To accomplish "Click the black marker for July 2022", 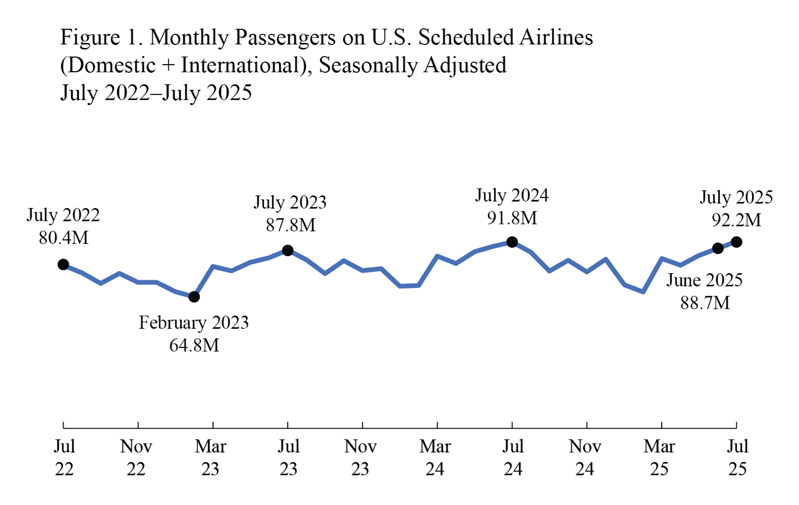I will pyautogui.click(x=63, y=264).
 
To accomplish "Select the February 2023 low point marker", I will pyautogui.click(x=194, y=297).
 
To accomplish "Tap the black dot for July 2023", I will pyautogui.click(x=287, y=250).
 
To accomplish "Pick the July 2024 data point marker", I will pyautogui.click(x=512, y=242).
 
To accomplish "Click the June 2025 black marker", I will pyautogui.click(x=718, y=248).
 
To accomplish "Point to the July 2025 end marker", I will pyautogui.click(x=736, y=242).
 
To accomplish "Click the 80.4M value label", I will pyautogui.click(x=64, y=237).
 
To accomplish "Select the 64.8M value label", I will pyautogui.click(x=194, y=345).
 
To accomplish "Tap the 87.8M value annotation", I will pyautogui.click(x=290, y=225).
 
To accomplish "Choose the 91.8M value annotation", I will pyautogui.click(x=512, y=218).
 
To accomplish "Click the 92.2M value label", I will pyautogui.click(x=736, y=220).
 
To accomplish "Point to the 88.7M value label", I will pyautogui.click(x=705, y=303).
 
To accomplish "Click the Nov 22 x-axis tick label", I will pyautogui.click(x=136, y=458).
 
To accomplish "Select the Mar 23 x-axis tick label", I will pyautogui.click(x=211, y=458).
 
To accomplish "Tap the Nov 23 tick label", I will pyautogui.click(x=361, y=458).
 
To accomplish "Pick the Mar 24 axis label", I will pyautogui.click(x=435, y=458).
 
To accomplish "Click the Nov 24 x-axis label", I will pyautogui.click(x=585, y=458).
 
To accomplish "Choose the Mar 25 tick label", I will pyautogui.click(x=659, y=458).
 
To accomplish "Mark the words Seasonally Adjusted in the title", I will pyautogui.click(x=413, y=66).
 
